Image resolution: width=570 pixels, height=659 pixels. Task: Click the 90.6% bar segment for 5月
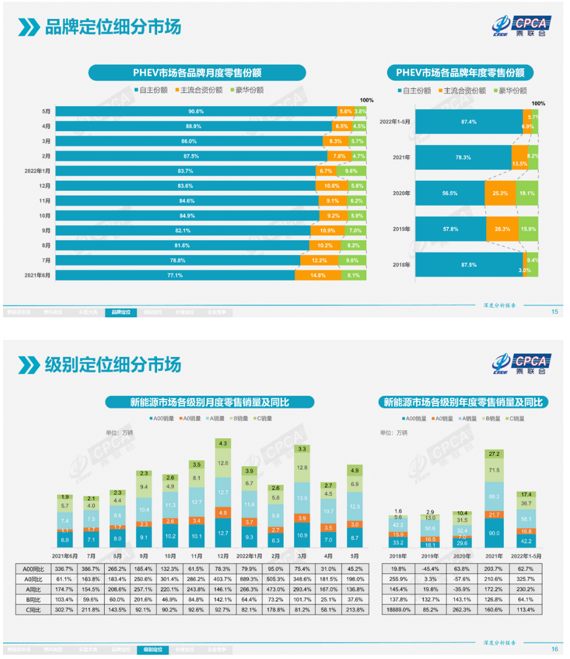196,111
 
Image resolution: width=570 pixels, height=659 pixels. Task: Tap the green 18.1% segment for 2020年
526,194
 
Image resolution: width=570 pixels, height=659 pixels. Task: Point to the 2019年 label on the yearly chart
402,229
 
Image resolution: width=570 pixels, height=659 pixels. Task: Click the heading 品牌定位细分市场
113,27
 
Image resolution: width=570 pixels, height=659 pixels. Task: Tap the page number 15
554,312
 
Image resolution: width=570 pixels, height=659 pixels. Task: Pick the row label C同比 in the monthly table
35,610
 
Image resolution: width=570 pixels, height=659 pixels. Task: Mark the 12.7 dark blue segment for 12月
223,533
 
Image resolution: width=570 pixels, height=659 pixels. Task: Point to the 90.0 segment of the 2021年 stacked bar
494,533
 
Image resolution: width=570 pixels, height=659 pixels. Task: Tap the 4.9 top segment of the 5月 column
355,470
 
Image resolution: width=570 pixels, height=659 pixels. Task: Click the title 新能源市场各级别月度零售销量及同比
210,402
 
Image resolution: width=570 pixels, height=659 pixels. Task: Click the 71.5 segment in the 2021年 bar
494,470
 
